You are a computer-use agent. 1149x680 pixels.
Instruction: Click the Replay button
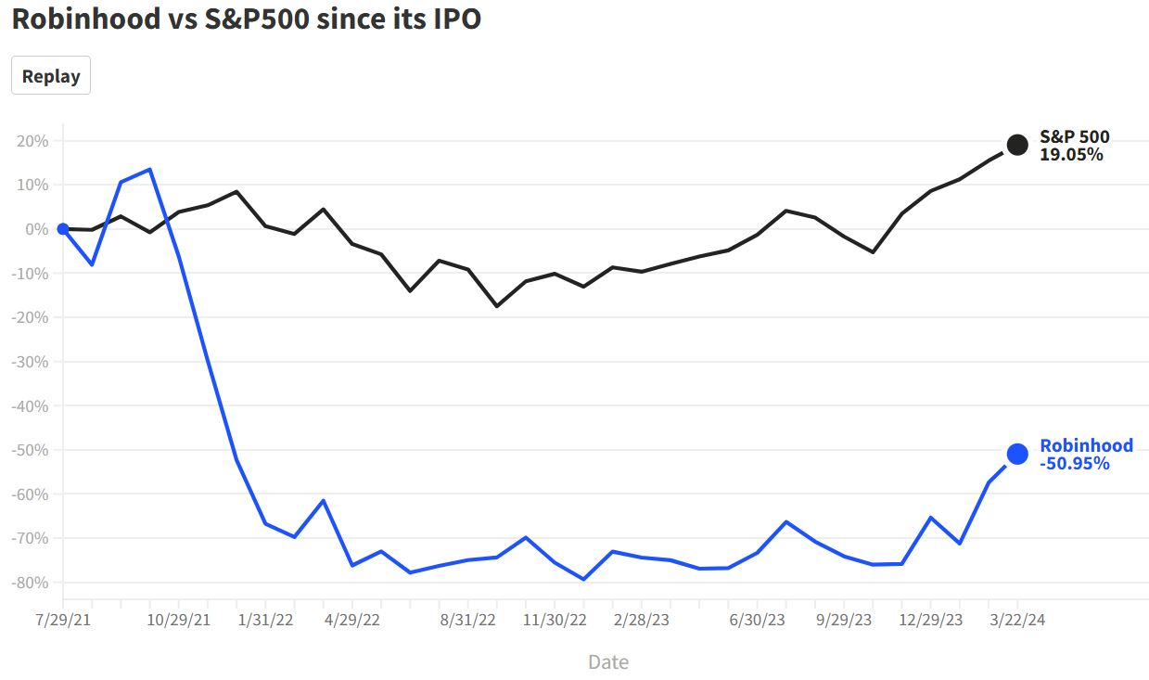[x=51, y=76]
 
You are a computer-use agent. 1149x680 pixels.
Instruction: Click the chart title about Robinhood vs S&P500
[x=247, y=19]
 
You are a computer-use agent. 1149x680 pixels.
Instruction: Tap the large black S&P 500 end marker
[x=1017, y=145]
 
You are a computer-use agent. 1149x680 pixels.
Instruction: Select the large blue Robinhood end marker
[x=1017, y=454]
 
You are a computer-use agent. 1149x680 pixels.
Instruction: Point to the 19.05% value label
[x=1071, y=155]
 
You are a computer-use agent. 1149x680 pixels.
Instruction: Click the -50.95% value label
[x=1075, y=463]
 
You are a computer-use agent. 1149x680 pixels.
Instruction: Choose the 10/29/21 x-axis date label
[x=179, y=621]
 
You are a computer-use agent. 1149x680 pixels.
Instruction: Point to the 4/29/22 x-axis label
[x=352, y=621]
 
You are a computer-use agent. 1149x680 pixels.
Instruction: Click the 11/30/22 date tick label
[x=555, y=621]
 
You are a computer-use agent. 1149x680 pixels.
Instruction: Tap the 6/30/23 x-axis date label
[x=758, y=621]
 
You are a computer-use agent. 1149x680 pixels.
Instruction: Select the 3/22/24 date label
[x=1017, y=621]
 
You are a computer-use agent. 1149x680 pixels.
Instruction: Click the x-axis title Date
[x=608, y=661]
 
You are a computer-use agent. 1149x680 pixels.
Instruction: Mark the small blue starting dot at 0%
[x=63, y=229]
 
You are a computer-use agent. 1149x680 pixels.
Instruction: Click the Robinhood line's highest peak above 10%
[x=150, y=170]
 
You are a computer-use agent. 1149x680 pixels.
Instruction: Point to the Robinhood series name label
[x=1086, y=445]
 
